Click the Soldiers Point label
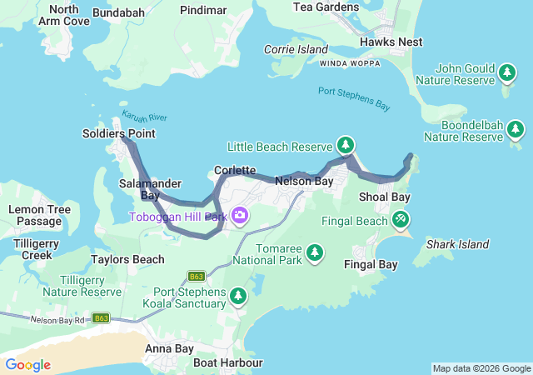[118, 133]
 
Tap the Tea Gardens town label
[326, 7]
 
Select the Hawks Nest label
[391, 42]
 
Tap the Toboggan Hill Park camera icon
[240, 217]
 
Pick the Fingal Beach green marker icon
[401, 220]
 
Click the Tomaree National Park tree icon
[315, 251]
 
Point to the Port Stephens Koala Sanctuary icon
[238, 296]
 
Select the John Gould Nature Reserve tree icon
[506, 74]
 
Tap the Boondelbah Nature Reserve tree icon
[516, 130]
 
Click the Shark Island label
[457, 244]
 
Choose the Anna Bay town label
[169, 348]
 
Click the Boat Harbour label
[227, 362]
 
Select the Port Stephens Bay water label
[353, 98]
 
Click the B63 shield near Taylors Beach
[197, 276]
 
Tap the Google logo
[27, 365]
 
